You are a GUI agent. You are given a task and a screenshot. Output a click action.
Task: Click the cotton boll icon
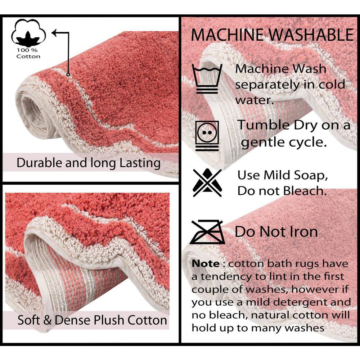click(28, 33)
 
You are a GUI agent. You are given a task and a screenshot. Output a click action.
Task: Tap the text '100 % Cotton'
click(28, 53)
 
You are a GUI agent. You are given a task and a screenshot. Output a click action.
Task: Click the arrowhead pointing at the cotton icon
click(55, 33)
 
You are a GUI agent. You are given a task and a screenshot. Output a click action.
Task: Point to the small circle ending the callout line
click(68, 75)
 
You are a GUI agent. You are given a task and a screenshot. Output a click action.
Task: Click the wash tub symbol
click(207, 79)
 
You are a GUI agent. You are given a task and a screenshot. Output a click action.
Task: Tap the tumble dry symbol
click(207, 136)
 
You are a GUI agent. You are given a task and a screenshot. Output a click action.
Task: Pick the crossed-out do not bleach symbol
click(207, 183)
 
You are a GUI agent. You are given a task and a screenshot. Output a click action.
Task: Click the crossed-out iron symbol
click(207, 232)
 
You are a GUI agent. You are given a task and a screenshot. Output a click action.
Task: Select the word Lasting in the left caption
click(140, 163)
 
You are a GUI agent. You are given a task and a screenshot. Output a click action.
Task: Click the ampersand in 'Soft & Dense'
click(47, 320)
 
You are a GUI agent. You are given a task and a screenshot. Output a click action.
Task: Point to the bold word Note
click(206, 264)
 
